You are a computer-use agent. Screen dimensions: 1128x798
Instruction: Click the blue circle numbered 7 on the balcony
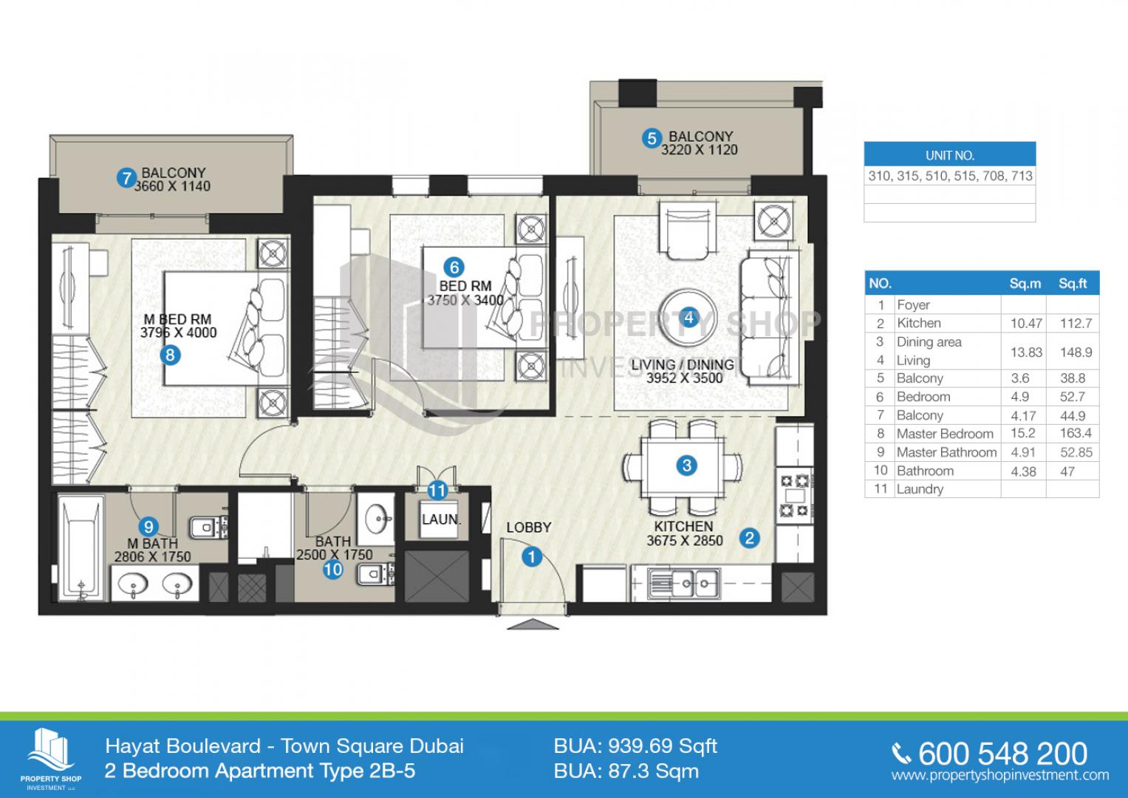click(x=126, y=178)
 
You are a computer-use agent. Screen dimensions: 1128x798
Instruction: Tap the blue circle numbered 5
click(x=652, y=138)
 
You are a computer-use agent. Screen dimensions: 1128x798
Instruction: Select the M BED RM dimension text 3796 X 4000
click(x=178, y=332)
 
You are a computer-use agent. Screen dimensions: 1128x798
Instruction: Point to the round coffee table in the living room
click(x=688, y=318)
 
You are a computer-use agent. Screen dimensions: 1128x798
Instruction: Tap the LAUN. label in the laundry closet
click(x=441, y=519)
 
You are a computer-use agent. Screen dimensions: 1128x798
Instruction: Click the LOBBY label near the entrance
click(x=529, y=528)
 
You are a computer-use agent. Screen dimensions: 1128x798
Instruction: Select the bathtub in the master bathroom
click(x=81, y=548)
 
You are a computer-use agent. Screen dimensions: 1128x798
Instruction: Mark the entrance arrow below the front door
click(x=533, y=624)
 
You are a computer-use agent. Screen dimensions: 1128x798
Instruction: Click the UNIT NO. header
click(x=950, y=155)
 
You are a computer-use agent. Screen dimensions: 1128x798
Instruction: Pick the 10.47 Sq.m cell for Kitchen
click(x=1026, y=324)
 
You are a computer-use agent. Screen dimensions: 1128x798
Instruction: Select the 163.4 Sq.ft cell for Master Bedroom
click(x=1076, y=433)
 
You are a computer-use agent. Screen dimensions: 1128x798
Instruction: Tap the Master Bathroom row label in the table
click(x=946, y=452)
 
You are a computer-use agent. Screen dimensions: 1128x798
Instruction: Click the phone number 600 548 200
click(x=1002, y=754)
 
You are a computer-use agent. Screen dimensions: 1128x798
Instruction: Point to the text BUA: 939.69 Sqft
click(x=635, y=746)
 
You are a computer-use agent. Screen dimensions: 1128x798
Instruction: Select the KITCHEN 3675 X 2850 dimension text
click(x=684, y=533)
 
